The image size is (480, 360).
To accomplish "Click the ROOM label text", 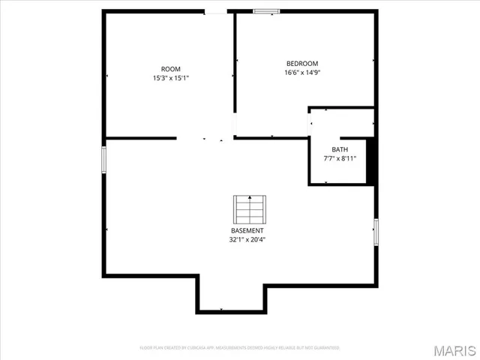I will (x=171, y=69).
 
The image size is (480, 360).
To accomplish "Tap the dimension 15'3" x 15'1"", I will (x=171, y=77).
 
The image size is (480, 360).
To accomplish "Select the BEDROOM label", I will (x=302, y=64).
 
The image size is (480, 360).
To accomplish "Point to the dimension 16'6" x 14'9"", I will (x=302, y=73).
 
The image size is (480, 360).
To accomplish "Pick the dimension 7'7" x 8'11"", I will (x=340, y=158).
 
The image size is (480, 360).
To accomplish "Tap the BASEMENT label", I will (x=247, y=230).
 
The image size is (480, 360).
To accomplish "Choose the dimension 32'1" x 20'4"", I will (x=247, y=240).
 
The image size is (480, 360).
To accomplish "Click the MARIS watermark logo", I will (x=453, y=350).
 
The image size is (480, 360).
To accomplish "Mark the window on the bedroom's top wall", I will (x=265, y=11).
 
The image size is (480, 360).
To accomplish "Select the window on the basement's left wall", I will (x=104, y=159).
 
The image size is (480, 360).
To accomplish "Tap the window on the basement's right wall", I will (x=376, y=231).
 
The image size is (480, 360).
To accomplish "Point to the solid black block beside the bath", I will (x=370, y=160).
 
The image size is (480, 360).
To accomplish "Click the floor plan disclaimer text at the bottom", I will (x=240, y=348).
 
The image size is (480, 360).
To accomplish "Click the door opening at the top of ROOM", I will (x=216, y=12).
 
